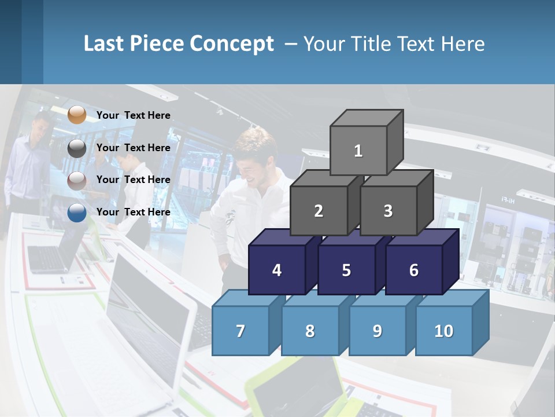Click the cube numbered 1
(x=358, y=151)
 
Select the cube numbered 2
(x=319, y=211)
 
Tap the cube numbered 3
(x=388, y=211)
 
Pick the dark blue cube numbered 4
(x=277, y=270)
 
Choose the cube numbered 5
(x=346, y=270)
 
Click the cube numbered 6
(x=413, y=270)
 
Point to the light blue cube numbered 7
(x=240, y=331)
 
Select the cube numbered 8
(x=310, y=331)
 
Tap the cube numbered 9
(x=377, y=331)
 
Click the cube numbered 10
(x=444, y=331)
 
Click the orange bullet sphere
(x=77, y=115)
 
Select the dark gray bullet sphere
(x=77, y=148)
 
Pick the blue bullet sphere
(x=77, y=213)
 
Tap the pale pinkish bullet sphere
(x=77, y=180)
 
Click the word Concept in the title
(x=232, y=44)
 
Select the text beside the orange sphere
(x=134, y=115)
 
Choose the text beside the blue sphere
(x=134, y=212)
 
